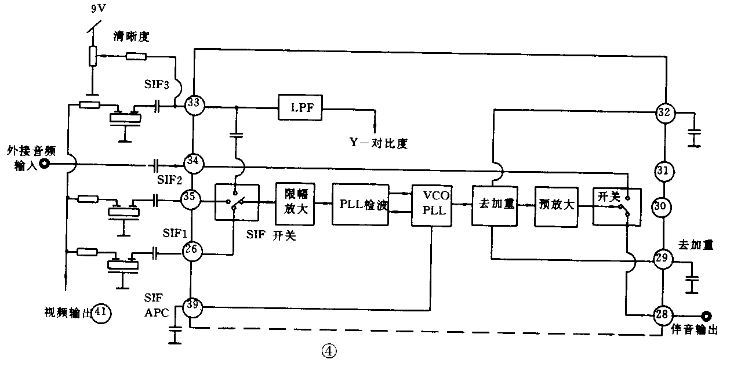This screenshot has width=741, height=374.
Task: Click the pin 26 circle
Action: [192, 250]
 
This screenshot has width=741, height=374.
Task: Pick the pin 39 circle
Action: [193, 307]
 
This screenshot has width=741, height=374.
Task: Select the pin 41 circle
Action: [101, 313]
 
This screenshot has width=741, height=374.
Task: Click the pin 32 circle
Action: [664, 112]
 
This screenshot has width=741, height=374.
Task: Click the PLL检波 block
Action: [360, 204]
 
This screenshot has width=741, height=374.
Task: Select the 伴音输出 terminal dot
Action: [706, 316]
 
